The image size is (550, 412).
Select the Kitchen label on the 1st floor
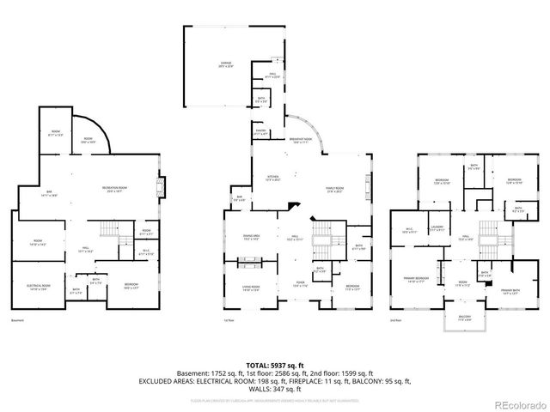click(x=272, y=179)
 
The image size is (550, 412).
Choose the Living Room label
click(x=250, y=288)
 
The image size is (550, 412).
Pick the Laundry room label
click(x=437, y=227)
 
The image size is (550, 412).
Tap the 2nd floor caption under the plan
click(x=397, y=320)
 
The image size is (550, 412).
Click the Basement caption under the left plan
click(x=17, y=320)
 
